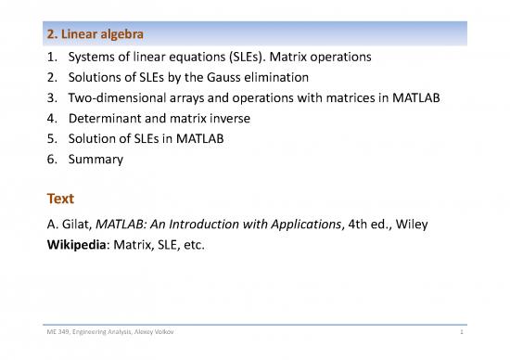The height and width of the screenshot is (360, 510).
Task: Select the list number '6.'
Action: point(53,160)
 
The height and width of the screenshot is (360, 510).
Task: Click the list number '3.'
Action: point(53,97)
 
